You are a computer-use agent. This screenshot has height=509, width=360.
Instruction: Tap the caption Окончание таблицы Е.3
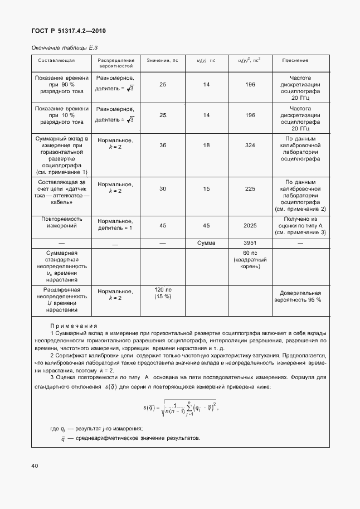coord(65,48)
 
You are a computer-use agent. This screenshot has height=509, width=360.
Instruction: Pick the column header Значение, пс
coord(162,60)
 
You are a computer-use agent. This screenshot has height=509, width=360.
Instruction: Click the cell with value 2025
coord(250,226)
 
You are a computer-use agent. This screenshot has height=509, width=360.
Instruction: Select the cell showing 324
coord(250,145)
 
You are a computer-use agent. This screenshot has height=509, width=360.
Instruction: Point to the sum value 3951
coord(250,244)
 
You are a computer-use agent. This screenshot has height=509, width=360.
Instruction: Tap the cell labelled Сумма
coord(206,244)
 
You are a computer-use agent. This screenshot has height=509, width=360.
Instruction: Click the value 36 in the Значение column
coord(163,145)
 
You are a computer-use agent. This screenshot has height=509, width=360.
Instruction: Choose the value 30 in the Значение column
coord(163,188)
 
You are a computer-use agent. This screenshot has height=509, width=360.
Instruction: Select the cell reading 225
coord(250,188)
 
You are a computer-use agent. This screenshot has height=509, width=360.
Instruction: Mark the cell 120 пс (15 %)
coord(163,293)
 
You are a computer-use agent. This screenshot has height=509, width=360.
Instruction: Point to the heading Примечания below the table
coord(74,326)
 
